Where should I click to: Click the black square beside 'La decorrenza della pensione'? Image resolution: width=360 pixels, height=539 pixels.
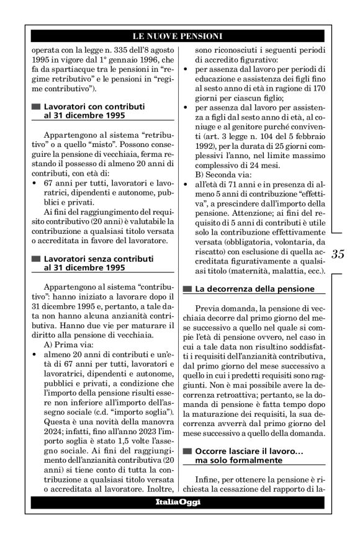[x=187, y=289]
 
